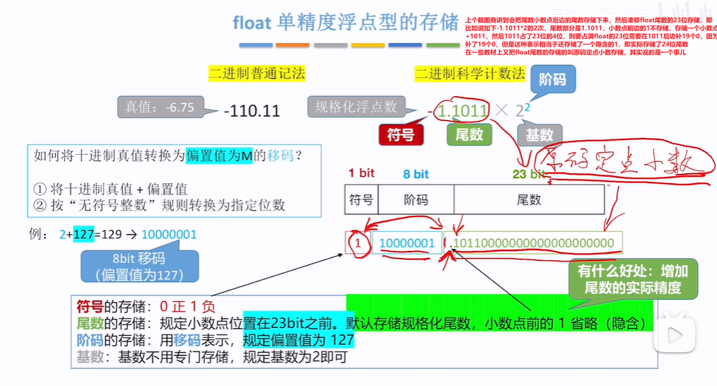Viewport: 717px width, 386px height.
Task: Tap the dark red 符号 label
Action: (x=400, y=134)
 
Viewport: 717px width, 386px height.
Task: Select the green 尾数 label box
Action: (x=470, y=134)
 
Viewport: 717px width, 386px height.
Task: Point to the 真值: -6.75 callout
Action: (x=160, y=108)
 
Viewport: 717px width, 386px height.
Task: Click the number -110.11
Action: (x=252, y=111)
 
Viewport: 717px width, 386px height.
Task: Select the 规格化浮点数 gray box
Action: (x=356, y=107)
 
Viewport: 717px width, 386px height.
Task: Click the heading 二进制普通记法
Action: (x=257, y=73)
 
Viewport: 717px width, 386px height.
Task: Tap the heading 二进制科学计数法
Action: (x=470, y=74)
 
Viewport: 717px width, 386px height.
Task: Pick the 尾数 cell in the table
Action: (x=529, y=199)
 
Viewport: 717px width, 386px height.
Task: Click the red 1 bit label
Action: (x=361, y=173)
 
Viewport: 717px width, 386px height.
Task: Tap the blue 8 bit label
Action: (x=416, y=174)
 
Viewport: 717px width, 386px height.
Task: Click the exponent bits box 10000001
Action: (x=407, y=243)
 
